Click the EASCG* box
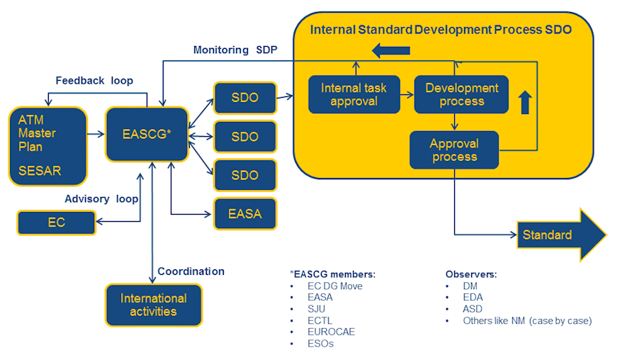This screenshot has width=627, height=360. pyautogui.click(x=147, y=134)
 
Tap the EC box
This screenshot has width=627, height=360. pyautogui.click(x=56, y=223)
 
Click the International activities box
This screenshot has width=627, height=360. pyautogui.click(x=154, y=305)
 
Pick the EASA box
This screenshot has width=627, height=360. pyautogui.click(x=244, y=213)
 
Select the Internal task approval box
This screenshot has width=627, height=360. pyautogui.click(x=354, y=94)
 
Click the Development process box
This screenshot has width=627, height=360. pyautogui.click(x=461, y=94)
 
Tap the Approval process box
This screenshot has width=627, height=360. pyautogui.click(x=453, y=150)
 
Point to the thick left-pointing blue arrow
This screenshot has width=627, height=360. pyautogui.click(x=391, y=50)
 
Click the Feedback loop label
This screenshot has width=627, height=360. pyautogui.click(x=94, y=81)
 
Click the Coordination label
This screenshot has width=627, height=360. pyautogui.click(x=191, y=271)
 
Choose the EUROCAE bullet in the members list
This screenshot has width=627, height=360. pyautogui.click(x=331, y=332)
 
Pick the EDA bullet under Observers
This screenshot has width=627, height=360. pyautogui.click(x=473, y=298)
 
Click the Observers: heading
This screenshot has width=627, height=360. pyautogui.click(x=471, y=274)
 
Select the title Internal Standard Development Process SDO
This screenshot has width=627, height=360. pyautogui.click(x=441, y=30)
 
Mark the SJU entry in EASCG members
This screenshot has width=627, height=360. pyautogui.click(x=317, y=309)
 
